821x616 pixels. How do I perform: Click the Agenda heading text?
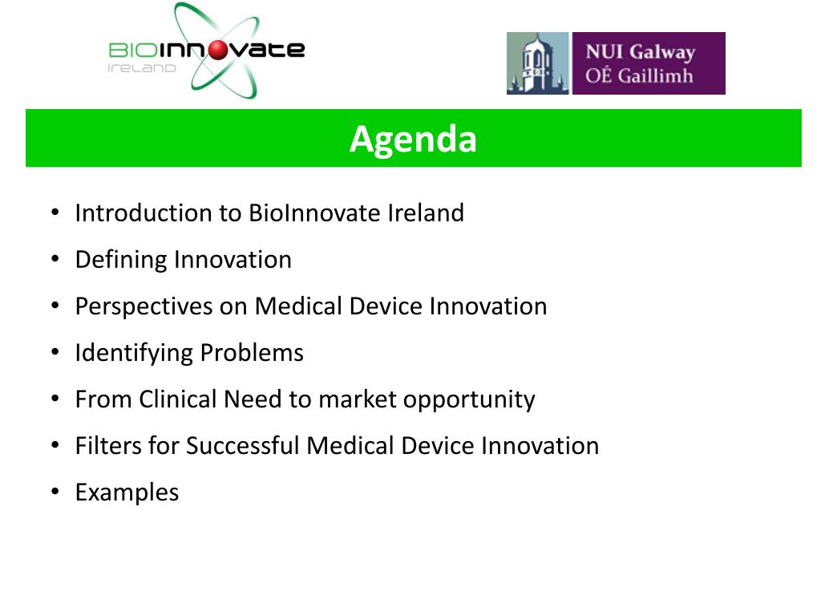pyautogui.click(x=413, y=139)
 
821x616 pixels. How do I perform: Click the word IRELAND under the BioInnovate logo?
pyautogui.click(x=141, y=69)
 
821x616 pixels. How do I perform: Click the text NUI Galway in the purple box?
pyautogui.click(x=640, y=53)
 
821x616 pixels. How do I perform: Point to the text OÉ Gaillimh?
pyautogui.click(x=639, y=77)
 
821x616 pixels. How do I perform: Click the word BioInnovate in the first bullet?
pyautogui.click(x=315, y=213)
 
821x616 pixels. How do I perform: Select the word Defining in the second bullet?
pyautogui.click(x=121, y=260)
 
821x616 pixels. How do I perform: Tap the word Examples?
pyautogui.click(x=127, y=492)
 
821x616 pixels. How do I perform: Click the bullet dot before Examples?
pyautogui.click(x=55, y=491)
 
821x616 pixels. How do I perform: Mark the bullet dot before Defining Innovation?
pyautogui.click(x=55, y=259)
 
